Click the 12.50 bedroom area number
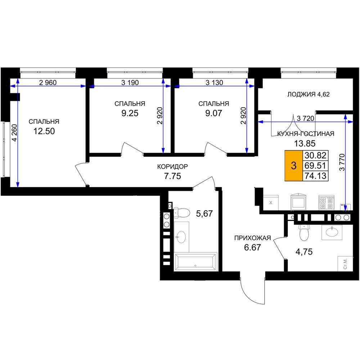point(44,131)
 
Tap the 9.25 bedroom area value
point(130,113)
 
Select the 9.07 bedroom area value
point(213,113)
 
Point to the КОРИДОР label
point(172,166)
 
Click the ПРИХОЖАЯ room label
point(253,238)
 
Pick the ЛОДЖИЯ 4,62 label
point(309,94)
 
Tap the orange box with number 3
point(294,166)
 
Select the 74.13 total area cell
point(315,176)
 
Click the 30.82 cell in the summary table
point(315,156)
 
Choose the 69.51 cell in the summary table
point(315,166)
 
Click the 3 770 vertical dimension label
point(342,162)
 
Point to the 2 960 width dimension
point(48,82)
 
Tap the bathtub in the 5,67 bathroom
point(195,262)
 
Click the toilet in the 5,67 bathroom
point(181,213)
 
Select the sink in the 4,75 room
point(332,232)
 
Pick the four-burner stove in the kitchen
point(326,202)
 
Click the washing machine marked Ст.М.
point(345,264)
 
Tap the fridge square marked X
point(271,202)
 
